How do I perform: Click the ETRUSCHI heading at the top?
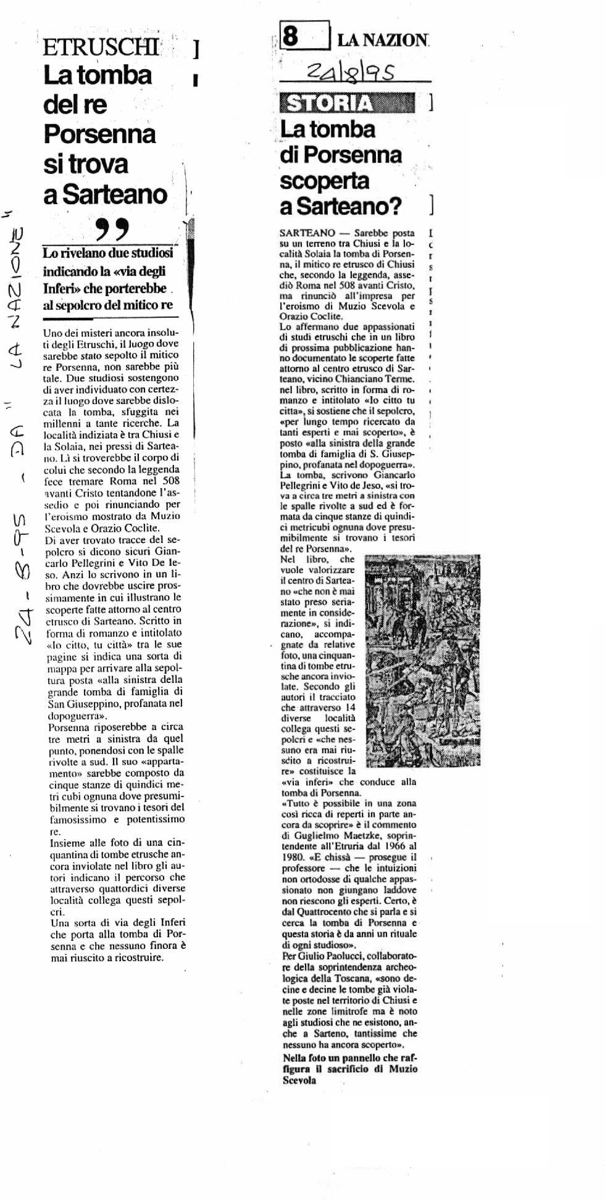pyautogui.click(x=101, y=48)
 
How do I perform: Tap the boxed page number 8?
pyautogui.click(x=291, y=37)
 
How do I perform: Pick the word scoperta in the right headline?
pyautogui.click(x=324, y=180)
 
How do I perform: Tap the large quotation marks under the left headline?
pyautogui.click(x=113, y=230)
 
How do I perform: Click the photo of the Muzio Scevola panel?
pyautogui.click(x=422, y=661)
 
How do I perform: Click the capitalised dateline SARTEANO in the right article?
pyautogui.click(x=307, y=233)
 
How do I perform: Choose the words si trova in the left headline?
pyautogui.click(x=86, y=163)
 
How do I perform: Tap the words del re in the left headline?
pyautogui.click(x=75, y=104)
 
